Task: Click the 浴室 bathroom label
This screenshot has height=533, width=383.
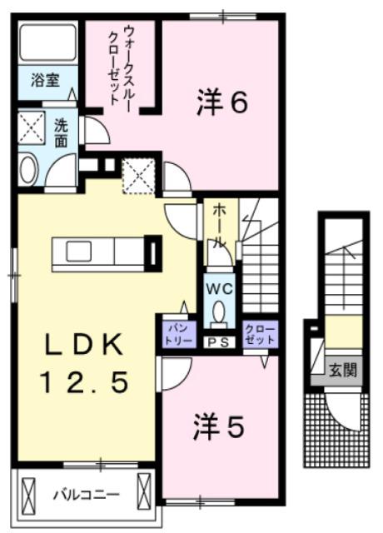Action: pos(45,80)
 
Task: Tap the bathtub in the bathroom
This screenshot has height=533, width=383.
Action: pos(47,42)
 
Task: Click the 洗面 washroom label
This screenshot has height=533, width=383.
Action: pos(61,133)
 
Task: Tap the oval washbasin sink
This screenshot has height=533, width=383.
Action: pos(28,170)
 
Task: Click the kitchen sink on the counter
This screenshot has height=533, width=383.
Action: pos(78,252)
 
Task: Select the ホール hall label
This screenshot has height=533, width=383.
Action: pos(219,227)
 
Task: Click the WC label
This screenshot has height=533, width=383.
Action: pos(220,289)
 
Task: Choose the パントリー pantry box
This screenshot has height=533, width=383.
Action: pos(180,335)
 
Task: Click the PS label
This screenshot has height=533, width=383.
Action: pos(219,342)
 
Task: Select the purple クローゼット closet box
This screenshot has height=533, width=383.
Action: pos(260,335)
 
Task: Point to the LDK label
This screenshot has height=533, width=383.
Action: pos(83,344)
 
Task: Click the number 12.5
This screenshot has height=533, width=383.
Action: pos(84,381)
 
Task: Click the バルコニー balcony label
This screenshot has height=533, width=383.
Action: pos(87,494)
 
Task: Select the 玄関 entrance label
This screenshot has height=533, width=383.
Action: pos(343,371)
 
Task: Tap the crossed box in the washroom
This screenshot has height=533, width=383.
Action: pos(32,127)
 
